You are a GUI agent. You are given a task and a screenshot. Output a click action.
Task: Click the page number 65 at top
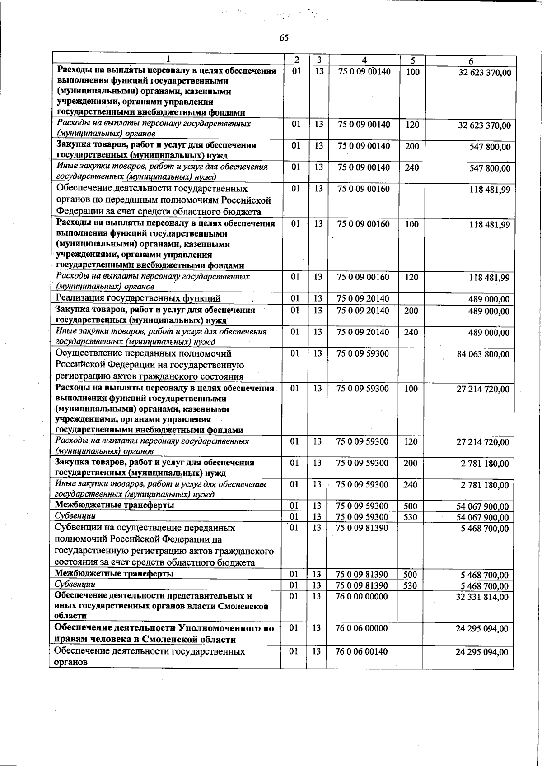[284, 38]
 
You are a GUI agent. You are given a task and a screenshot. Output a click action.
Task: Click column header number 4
[364, 60]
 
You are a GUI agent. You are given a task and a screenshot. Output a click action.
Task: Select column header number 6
[471, 61]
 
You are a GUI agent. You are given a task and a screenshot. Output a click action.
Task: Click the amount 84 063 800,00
[483, 354]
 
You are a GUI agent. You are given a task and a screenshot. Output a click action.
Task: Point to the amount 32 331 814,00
[482, 597]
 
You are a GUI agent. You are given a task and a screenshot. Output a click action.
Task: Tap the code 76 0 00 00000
[362, 596]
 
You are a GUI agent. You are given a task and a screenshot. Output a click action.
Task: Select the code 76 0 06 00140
[362, 651]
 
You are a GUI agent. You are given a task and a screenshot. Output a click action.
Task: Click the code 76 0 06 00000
[362, 628]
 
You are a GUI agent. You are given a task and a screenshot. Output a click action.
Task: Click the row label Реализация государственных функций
[138, 298]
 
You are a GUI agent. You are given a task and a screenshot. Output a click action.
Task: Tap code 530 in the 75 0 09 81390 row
[410, 586]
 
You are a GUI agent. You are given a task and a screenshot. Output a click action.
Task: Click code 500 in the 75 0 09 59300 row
[410, 506]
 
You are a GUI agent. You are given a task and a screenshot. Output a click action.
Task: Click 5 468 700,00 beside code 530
[484, 586]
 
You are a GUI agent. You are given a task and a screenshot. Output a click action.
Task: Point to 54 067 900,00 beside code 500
[482, 507]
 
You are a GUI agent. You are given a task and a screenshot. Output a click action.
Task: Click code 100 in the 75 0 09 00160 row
[411, 224]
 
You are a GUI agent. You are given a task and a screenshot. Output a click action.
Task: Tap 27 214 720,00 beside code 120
[482, 442]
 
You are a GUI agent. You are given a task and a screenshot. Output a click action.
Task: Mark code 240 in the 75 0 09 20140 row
[411, 332]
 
